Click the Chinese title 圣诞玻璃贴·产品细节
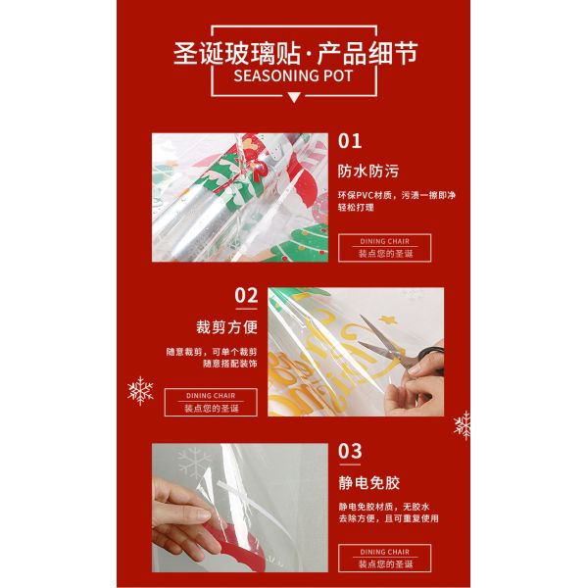295,52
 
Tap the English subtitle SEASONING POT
295,75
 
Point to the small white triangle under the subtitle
295,95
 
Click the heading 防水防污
360,171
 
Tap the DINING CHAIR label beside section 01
383,241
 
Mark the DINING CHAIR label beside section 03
383,552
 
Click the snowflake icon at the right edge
463,425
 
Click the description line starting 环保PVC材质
396,195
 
